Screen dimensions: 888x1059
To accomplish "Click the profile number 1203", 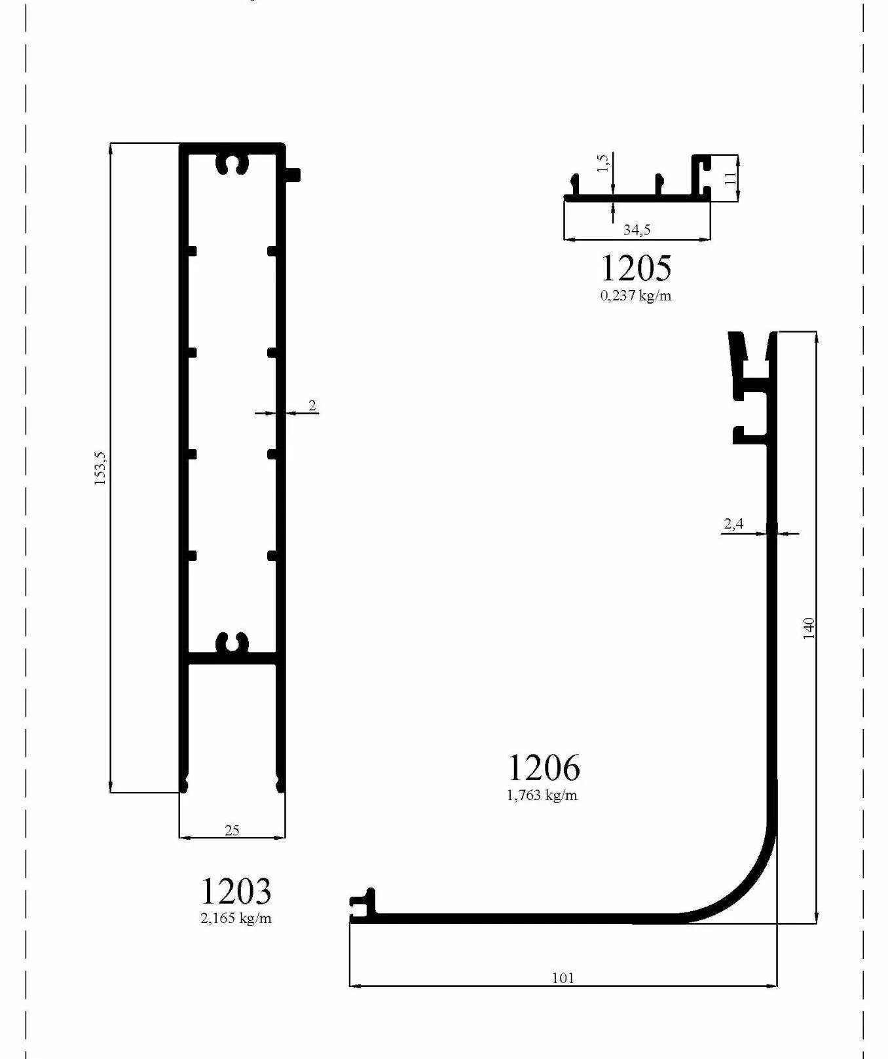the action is coord(235,891).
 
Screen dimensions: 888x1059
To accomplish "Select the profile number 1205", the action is coord(636,268).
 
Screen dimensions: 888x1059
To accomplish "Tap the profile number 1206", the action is coord(544,768).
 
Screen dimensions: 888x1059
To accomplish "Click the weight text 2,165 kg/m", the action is coord(236,918).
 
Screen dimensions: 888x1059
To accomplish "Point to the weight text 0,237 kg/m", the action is coord(636,295).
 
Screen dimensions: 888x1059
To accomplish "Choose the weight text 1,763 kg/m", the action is coord(542,795).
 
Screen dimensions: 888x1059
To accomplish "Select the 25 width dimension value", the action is coord(232,830).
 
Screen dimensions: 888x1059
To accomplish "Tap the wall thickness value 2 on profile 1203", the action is coord(312,406).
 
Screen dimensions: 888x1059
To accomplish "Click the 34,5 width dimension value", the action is coord(637,230).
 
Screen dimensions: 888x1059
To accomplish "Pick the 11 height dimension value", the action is coord(731,177).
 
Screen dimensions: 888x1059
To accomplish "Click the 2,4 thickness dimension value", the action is coord(733,524).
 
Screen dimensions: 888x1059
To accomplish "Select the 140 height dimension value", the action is coord(809,628).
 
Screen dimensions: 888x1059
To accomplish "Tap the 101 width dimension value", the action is coord(563,978).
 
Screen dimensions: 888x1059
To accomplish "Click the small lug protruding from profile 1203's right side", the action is coord(293,175).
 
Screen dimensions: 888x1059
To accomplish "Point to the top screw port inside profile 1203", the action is coord(232,164).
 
